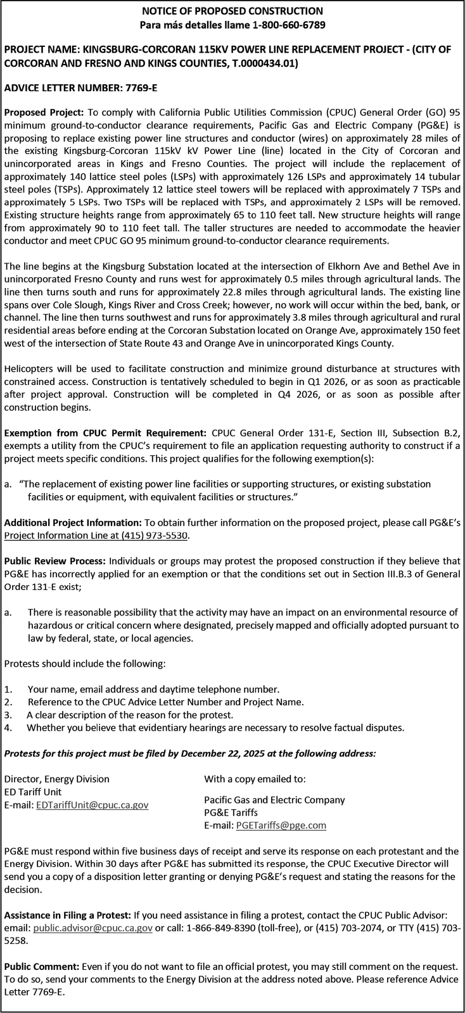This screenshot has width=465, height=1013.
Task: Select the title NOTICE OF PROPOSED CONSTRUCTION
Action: pyautogui.click(x=232, y=11)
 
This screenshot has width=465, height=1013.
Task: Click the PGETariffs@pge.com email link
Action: pyautogui.click(x=281, y=825)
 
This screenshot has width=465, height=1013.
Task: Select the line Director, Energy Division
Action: pyautogui.click(x=57, y=779)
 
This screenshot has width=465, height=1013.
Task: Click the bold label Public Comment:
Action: pyautogui.click(x=41, y=967)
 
